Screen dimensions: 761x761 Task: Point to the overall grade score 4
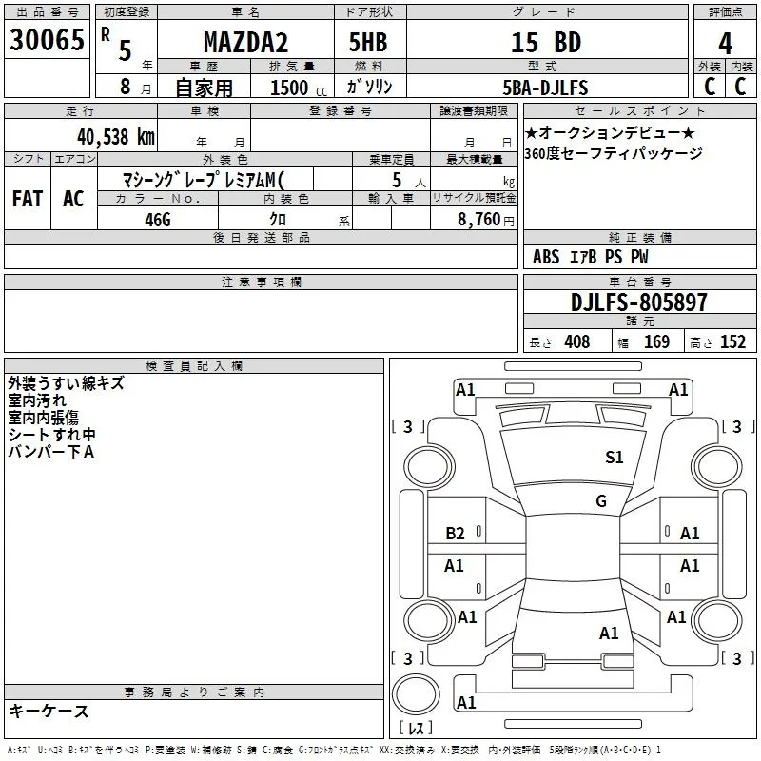pos(726,43)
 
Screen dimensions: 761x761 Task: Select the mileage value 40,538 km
pos(115,137)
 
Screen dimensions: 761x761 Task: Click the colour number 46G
pos(158,218)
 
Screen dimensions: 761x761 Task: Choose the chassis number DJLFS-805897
pos(639,302)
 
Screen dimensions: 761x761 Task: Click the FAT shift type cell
pos(28,199)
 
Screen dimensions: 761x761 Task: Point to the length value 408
pos(576,342)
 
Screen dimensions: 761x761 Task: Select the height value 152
pos(732,342)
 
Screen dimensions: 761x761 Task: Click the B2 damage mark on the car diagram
pos(455,534)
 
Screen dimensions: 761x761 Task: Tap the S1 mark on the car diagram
pos(615,458)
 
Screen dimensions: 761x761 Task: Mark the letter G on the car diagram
pos(601,500)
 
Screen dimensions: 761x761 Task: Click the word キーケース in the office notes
pos(49,711)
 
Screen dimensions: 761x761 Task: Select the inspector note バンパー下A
pos(51,452)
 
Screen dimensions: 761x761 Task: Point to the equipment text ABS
pos(546,257)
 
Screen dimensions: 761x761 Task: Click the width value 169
pos(656,342)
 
